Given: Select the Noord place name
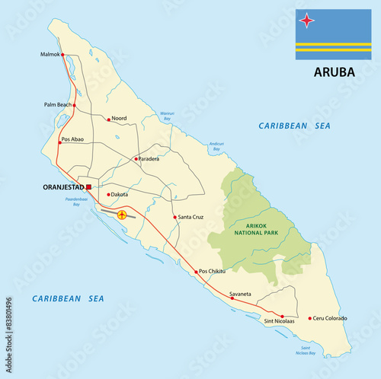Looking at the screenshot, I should [120, 118].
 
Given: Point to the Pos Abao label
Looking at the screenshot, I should [75, 140].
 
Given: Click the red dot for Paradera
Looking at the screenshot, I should [135, 159].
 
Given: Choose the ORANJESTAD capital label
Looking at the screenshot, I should [63, 186].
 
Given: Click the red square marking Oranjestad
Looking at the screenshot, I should [89, 186].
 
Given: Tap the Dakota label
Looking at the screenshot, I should [120, 195].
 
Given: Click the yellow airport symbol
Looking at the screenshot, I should [121, 215].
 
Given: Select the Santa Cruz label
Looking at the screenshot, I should [190, 218].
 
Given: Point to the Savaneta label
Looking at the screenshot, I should [239, 293].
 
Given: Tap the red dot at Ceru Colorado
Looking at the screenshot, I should [309, 318].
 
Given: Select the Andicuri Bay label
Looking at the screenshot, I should [216, 145].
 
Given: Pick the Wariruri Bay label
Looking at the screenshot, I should [167, 116].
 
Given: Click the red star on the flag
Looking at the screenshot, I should [306, 21].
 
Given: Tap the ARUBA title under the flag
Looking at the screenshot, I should [331, 74].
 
